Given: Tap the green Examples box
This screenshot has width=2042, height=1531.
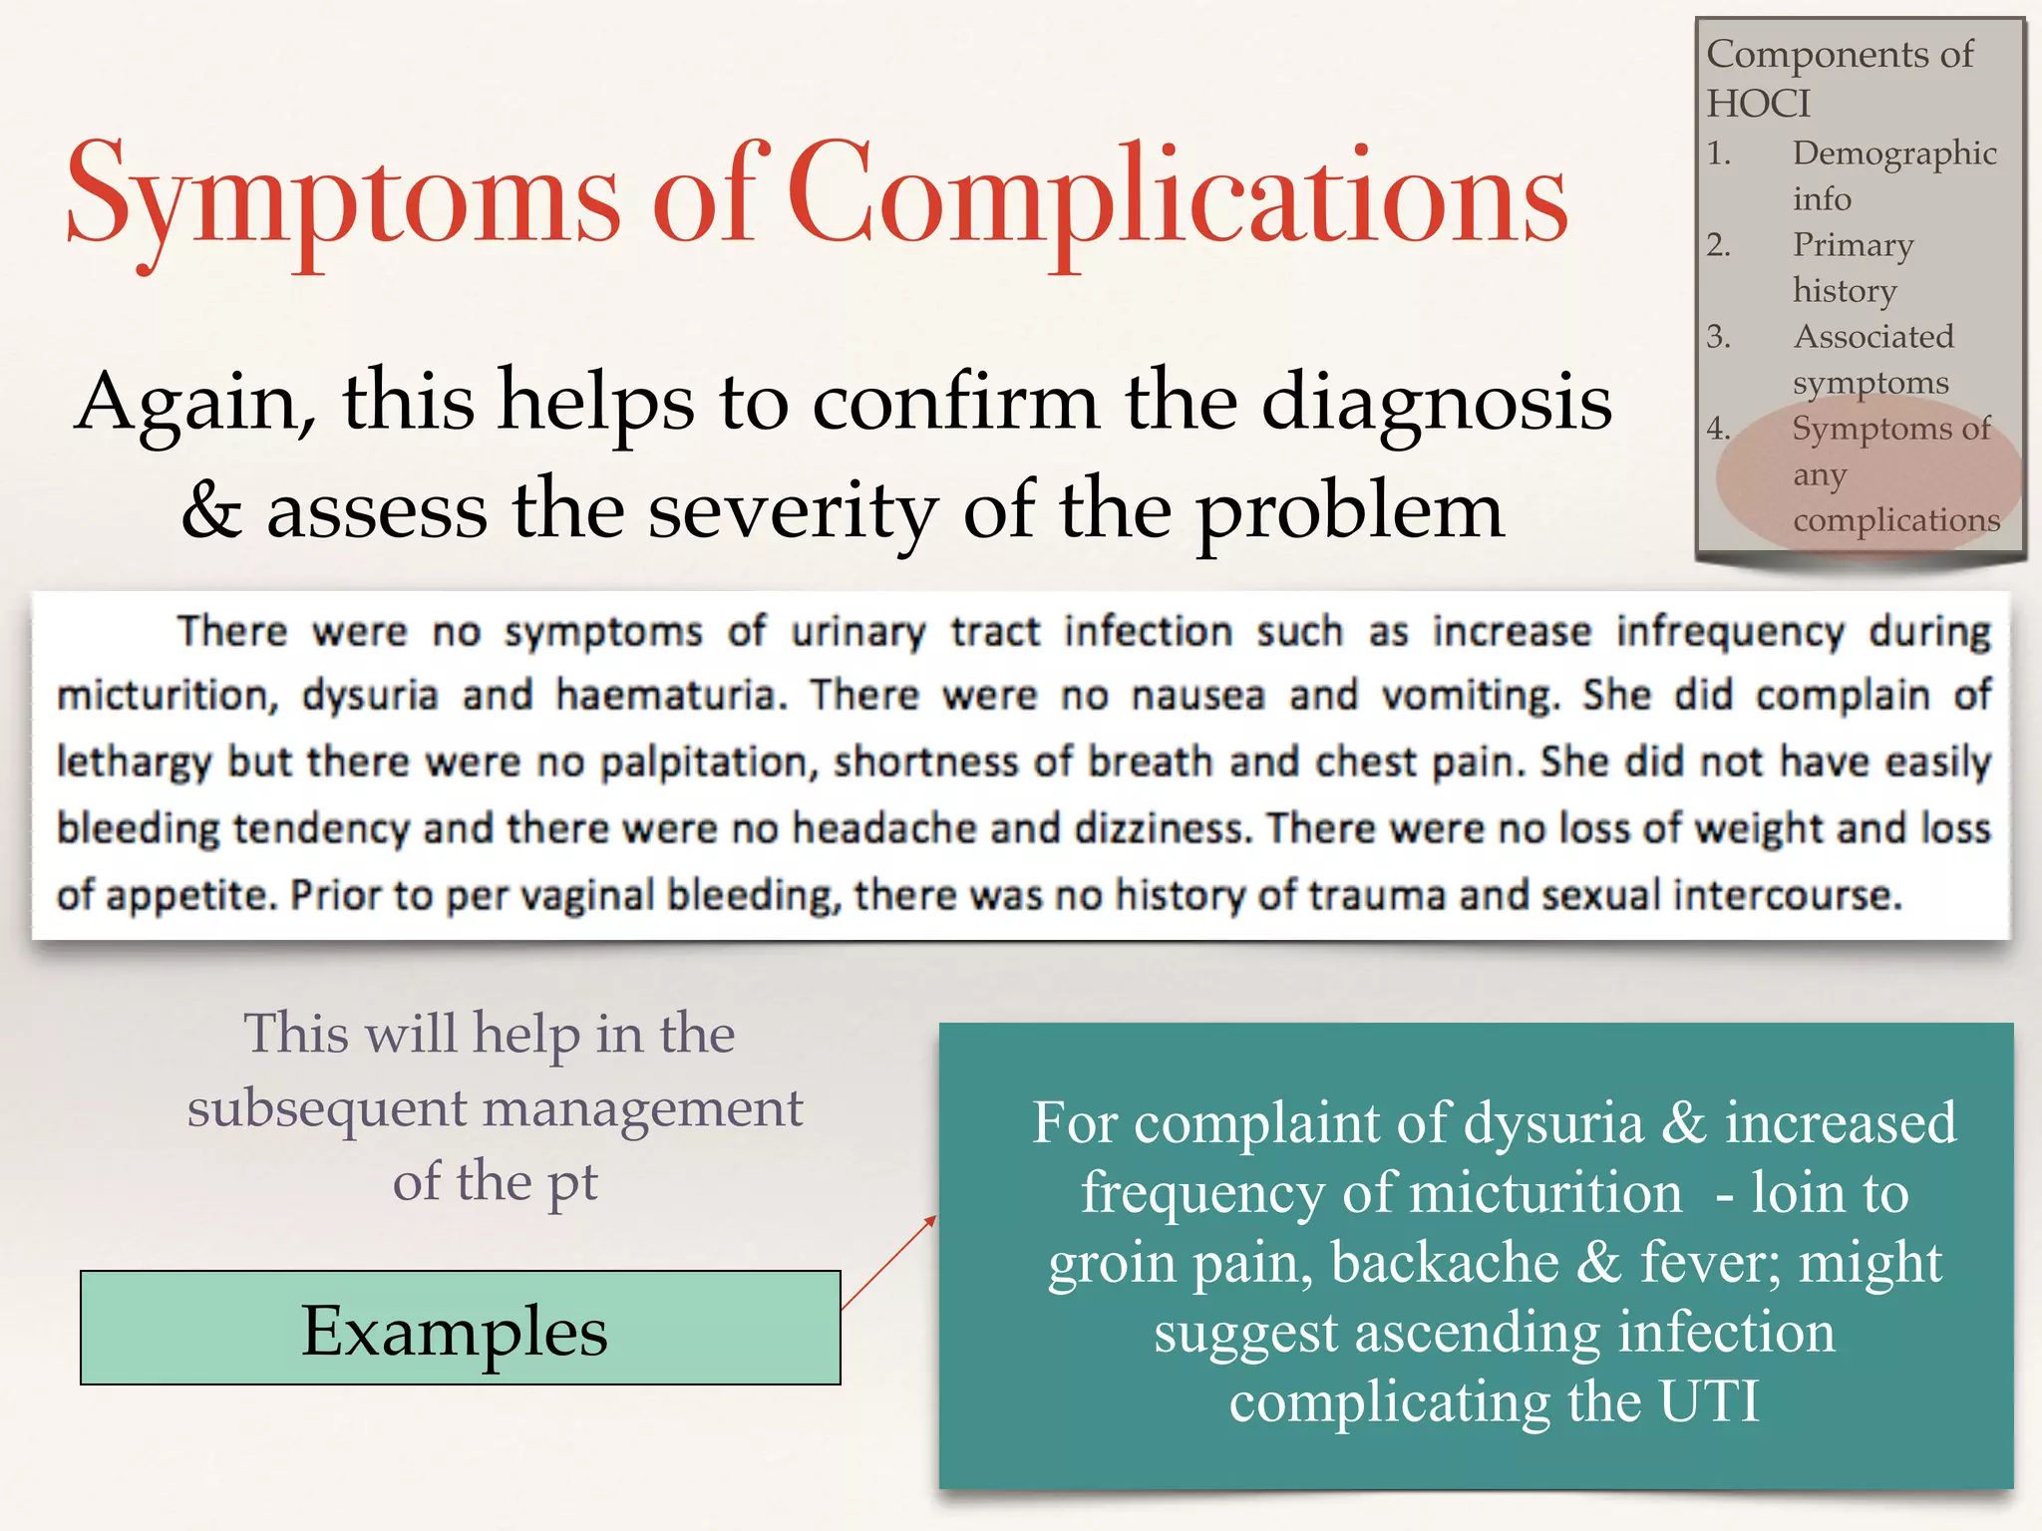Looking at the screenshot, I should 460,1328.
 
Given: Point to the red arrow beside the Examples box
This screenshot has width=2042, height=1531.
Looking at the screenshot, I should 888,1262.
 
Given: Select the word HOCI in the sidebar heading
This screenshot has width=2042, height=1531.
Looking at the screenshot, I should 1758,104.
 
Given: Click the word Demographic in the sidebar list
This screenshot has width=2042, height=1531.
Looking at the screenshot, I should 1894,153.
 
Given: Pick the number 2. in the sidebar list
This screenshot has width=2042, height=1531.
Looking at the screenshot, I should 1718,245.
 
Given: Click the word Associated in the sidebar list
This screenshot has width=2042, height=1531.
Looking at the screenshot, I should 1873,337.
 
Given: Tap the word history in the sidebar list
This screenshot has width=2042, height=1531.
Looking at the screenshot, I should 1845,291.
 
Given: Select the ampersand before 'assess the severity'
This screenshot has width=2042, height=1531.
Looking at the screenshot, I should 211,510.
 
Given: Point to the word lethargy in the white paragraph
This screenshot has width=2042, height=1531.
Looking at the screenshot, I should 134,763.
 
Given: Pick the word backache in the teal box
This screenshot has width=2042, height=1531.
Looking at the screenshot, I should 1445,1262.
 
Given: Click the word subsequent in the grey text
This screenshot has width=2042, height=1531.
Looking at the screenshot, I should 327,1108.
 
